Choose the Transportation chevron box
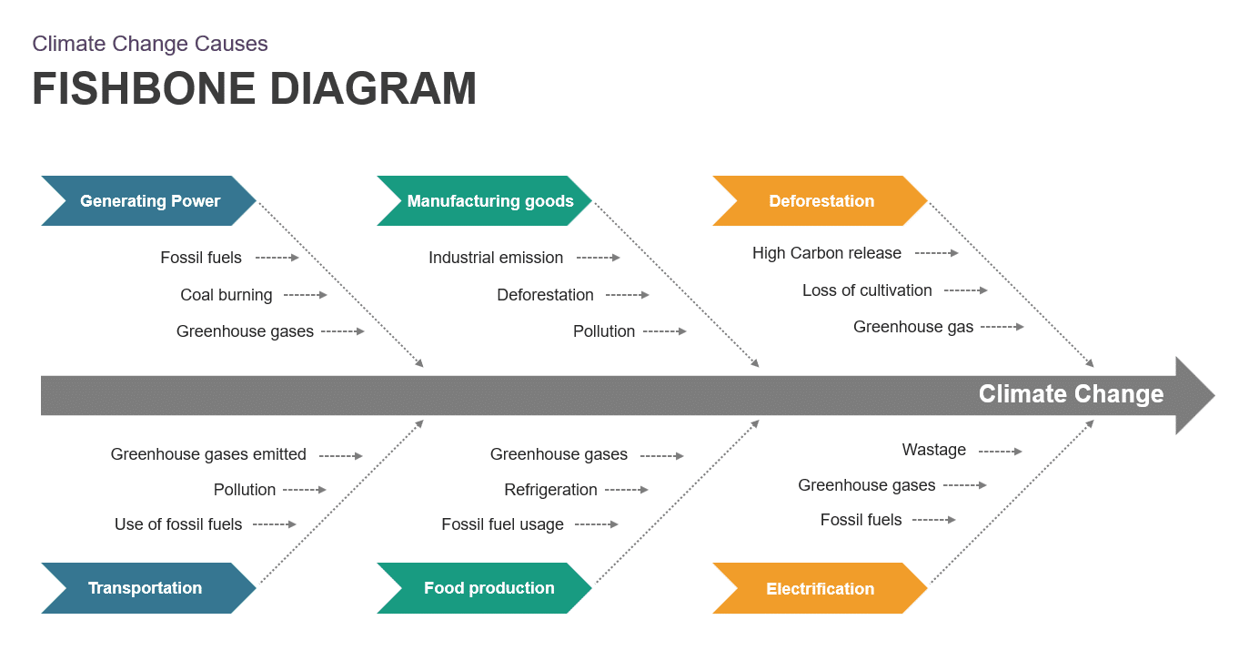click(146, 588)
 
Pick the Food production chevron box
click(489, 588)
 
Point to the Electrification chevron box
click(820, 589)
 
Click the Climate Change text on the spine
click(1071, 394)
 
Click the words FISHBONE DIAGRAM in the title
click(255, 89)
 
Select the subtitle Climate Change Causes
click(150, 44)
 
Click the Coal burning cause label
click(227, 295)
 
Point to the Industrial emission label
click(496, 258)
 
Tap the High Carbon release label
click(827, 253)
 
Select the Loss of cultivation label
click(867, 290)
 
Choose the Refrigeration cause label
click(550, 490)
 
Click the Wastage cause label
click(934, 450)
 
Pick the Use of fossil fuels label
click(178, 524)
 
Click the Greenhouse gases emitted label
click(208, 454)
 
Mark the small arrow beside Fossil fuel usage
click(597, 524)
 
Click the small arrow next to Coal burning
click(305, 295)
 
